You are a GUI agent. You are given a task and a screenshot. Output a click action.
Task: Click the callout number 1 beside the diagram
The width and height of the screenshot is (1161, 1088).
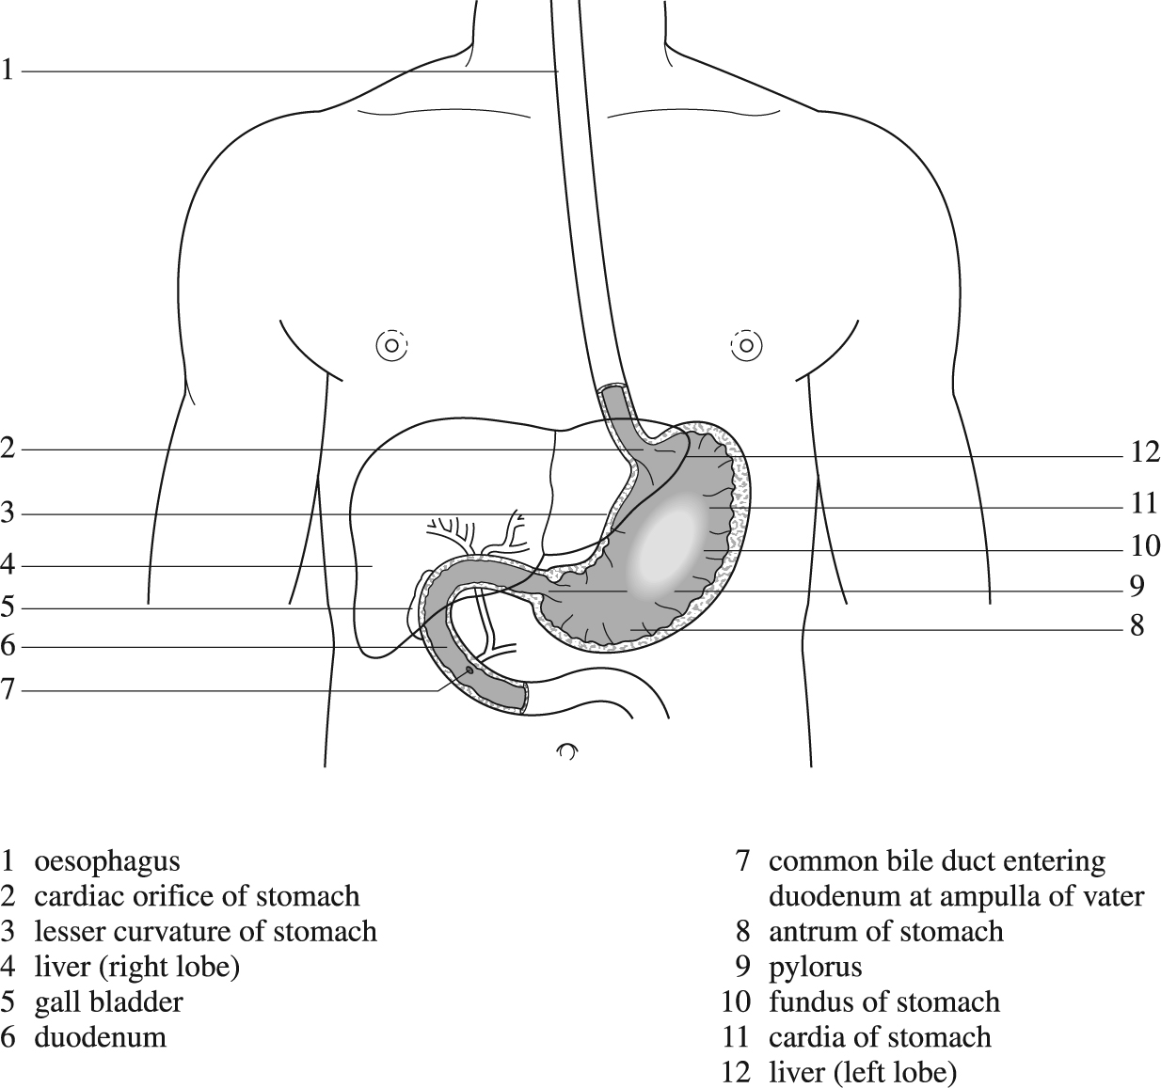pos(7,71)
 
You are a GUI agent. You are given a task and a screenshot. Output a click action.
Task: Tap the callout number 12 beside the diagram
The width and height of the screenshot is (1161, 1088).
pos(1145,452)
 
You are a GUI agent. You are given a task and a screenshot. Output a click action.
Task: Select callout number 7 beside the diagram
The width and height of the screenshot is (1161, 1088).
pos(7,690)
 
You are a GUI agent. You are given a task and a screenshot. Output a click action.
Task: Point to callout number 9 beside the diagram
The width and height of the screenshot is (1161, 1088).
pos(1137,587)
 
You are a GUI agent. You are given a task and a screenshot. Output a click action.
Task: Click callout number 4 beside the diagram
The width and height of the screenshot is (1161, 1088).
pos(7,565)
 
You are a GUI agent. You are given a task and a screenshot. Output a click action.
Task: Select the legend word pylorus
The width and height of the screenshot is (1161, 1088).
pos(815,968)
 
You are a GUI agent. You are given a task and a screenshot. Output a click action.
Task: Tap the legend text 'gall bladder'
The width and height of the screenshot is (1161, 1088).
pos(109,1002)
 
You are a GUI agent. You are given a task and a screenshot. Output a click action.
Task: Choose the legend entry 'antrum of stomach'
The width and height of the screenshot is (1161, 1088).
pos(885,932)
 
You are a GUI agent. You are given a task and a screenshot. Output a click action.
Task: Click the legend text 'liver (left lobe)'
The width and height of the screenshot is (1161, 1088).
pos(862,1073)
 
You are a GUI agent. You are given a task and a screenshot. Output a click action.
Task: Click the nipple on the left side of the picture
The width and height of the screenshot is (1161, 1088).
pos(391,345)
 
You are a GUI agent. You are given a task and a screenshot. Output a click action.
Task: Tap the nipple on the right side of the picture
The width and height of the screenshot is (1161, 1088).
pos(746,345)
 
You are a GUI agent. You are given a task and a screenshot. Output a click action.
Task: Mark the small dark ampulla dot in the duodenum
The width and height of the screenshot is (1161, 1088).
pos(469,670)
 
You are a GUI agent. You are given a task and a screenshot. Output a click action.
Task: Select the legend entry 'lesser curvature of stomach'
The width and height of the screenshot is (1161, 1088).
pos(206,932)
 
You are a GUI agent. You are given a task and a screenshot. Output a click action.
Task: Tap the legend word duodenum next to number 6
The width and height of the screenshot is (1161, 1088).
pos(101,1038)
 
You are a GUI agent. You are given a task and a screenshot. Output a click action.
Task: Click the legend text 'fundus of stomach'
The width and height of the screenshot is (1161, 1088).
pos(883,1002)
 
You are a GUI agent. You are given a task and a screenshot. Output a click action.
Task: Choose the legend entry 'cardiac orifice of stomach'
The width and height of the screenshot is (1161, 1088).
pos(197,897)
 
